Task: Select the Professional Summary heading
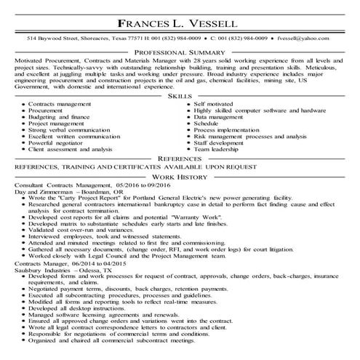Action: pyautogui.click(x=180, y=53)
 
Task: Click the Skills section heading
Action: pyautogui.click(x=180, y=95)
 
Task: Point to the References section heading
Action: pyautogui.click(x=180, y=158)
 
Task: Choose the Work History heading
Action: pyautogui.click(x=180, y=177)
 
